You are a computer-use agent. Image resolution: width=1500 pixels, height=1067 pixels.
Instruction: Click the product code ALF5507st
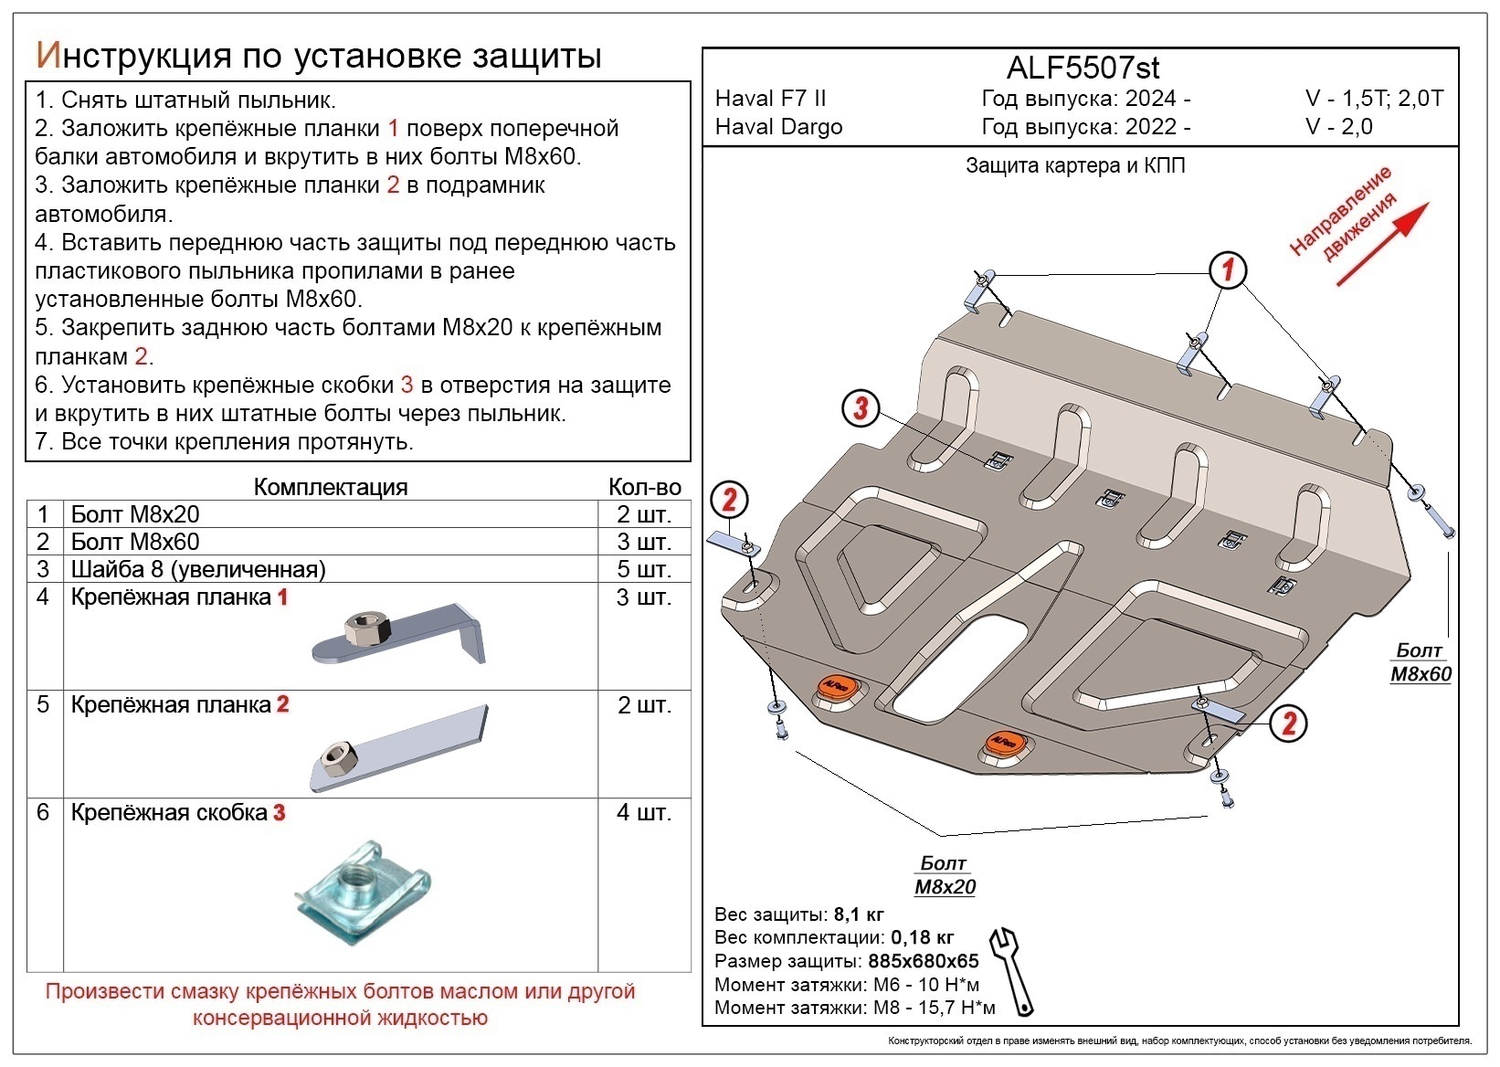[x=1083, y=69]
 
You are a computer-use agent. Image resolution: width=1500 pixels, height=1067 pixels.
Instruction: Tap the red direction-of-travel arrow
[x=1385, y=242]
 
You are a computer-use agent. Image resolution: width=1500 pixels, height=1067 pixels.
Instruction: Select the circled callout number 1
[x=1228, y=269]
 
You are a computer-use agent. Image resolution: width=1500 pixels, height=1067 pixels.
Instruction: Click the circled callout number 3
[x=860, y=408]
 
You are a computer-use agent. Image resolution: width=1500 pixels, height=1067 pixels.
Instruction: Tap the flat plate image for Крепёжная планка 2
[x=399, y=748]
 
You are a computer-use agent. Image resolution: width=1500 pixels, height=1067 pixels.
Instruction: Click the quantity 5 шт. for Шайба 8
[x=644, y=569]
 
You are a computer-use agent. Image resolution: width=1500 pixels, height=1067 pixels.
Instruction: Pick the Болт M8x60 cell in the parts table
[x=135, y=542]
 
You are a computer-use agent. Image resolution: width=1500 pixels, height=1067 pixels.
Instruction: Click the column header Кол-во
[x=644, y=487]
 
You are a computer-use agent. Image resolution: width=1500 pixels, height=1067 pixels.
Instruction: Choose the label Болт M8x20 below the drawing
[x=945, y=875]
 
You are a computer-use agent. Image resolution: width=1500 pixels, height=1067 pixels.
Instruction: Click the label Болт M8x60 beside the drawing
[x=1420, y=662]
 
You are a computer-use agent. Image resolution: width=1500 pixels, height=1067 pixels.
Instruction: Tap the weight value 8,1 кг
[x=858, y=914]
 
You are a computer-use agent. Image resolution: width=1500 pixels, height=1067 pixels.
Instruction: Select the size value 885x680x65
[x=923, y=961]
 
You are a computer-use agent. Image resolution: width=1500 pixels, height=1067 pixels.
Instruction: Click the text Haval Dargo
[x=778, y=127]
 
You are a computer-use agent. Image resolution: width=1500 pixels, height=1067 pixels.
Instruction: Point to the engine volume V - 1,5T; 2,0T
[x=1374, y=99]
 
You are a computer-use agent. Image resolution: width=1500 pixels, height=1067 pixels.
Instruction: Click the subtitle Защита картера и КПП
[x=1075, y=166]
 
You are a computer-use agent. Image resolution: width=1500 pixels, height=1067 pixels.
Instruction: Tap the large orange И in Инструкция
[x=48, y=56]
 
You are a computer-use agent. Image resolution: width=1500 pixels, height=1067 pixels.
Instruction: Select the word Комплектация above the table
[x=330, y=487]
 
